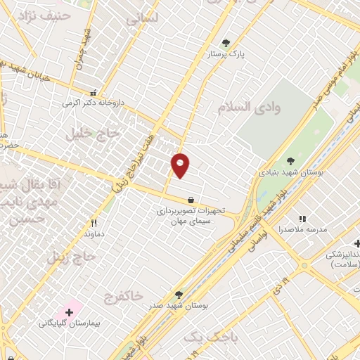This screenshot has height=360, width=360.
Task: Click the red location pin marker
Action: click(181, 165)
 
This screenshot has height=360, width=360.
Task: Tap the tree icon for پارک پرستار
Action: click(226, 43)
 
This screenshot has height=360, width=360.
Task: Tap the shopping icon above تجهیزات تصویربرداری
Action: click(191, 200)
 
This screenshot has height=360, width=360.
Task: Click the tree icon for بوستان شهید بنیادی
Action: click(291, 161)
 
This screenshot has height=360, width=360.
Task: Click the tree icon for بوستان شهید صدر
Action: click(179, 295)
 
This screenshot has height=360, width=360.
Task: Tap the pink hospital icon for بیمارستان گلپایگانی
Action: click(70, 311)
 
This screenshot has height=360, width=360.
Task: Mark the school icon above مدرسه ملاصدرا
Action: click(303, 219)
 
